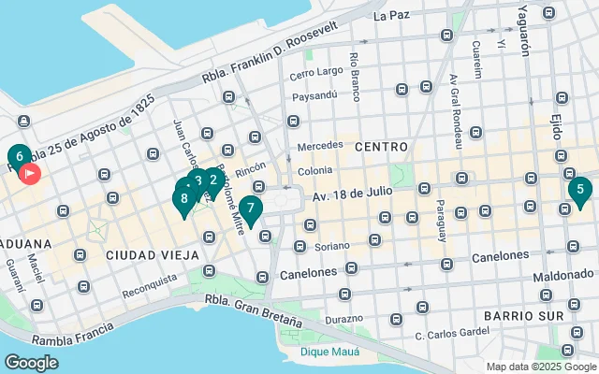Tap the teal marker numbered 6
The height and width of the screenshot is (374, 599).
tap(19, 156)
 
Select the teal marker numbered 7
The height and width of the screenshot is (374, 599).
tap(250, 209)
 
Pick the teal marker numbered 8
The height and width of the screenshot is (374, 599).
tap(184, 197)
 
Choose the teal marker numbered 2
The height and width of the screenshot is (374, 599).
tap(213, 180)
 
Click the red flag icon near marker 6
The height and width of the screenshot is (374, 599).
tap(30, 173)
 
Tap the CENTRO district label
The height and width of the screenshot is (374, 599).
tap(381, 147)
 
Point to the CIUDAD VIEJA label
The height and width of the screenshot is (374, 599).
tap(152, 254)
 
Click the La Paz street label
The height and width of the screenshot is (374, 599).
tap(391, 16)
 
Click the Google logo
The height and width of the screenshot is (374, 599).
tap(31, 362)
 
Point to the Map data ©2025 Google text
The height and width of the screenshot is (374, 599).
tap(539, 367)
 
